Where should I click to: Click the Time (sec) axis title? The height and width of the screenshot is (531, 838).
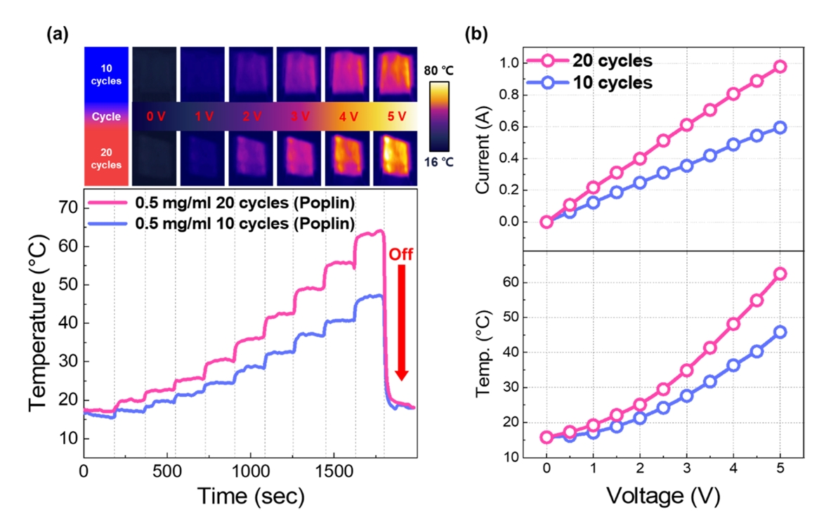(250, 497)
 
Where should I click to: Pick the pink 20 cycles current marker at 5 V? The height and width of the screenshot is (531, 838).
(780, 67)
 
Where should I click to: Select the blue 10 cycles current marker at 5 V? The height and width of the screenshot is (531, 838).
(780, 128)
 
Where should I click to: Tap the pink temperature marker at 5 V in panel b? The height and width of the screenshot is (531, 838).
(780, 274)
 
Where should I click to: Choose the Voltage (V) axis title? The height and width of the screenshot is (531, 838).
(662, 497)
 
